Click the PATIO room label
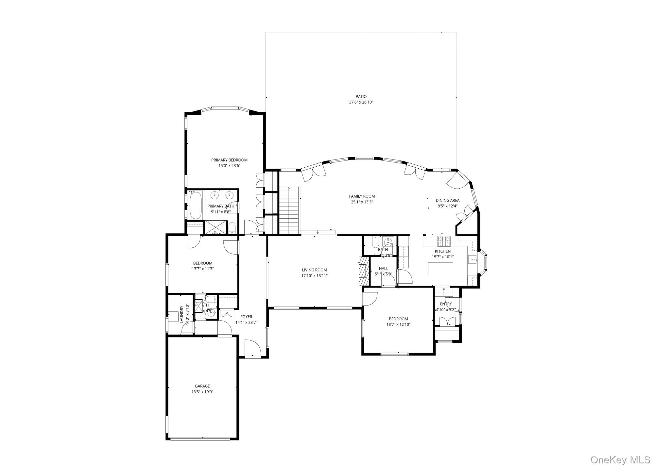[361, 96]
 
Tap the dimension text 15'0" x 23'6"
[229, 166]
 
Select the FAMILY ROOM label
[362, 196]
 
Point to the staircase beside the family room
[289, 210]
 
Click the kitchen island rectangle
[441, 269]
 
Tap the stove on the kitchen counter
[444, 242]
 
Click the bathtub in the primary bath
[196, 205]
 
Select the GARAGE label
[202, 386]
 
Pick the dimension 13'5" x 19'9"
[202, 392]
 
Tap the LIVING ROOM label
[314, 270]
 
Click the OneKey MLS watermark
[620, 460]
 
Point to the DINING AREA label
[447, 200]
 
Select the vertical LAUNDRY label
[182, 314]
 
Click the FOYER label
[246, 317]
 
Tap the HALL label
[383, 268]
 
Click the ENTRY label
[446, 304]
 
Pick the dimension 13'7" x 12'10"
[398, 325]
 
